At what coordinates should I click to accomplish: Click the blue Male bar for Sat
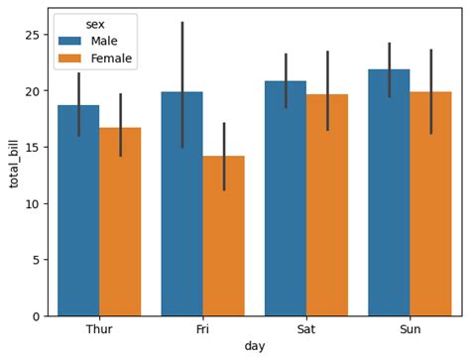[x=286, y=199]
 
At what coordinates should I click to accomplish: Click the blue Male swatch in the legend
[x=69, y=42]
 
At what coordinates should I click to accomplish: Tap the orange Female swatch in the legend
[x=69, y=59]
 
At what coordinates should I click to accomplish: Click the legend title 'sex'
[x=95, y=25]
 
